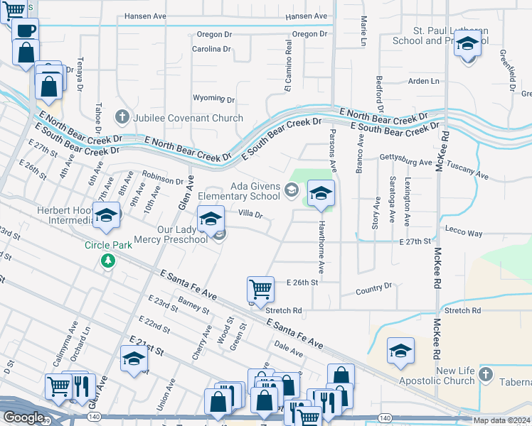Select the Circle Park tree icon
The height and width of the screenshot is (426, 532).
[107, 261]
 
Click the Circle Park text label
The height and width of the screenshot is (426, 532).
[107, 245]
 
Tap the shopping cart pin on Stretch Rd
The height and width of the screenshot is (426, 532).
[260, 289]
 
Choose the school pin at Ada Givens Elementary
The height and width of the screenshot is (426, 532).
[321, 193]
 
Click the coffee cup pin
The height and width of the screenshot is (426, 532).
[25, 31]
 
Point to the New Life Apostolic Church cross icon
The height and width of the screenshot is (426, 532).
[484, 373]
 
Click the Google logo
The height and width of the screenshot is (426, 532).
[23, 417]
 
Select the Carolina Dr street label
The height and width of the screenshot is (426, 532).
[212, 49]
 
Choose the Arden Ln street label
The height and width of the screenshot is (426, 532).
[424, 82]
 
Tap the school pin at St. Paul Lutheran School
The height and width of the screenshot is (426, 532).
[467, 45]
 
